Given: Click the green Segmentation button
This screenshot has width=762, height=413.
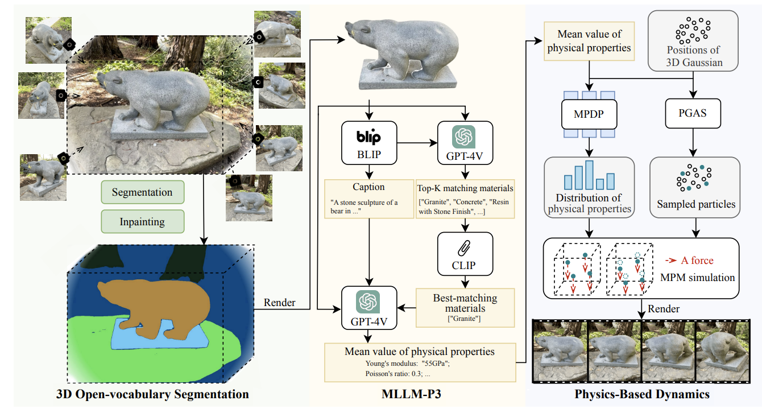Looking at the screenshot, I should [x=142, y=192].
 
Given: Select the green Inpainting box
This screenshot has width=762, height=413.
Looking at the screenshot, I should [x=142, y=221].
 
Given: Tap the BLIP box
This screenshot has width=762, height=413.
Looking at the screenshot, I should [x=369, y=142].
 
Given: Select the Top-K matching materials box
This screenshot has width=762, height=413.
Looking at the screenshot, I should [x=465, y=199].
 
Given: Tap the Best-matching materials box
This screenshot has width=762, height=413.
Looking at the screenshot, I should [x=465, y=307].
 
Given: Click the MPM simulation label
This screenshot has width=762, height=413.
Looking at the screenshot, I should [x=697, y=278].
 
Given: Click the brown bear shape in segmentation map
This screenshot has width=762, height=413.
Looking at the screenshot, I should [x=154, y=302].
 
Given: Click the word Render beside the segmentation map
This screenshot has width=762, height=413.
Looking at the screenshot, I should [x=279, y=303].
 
